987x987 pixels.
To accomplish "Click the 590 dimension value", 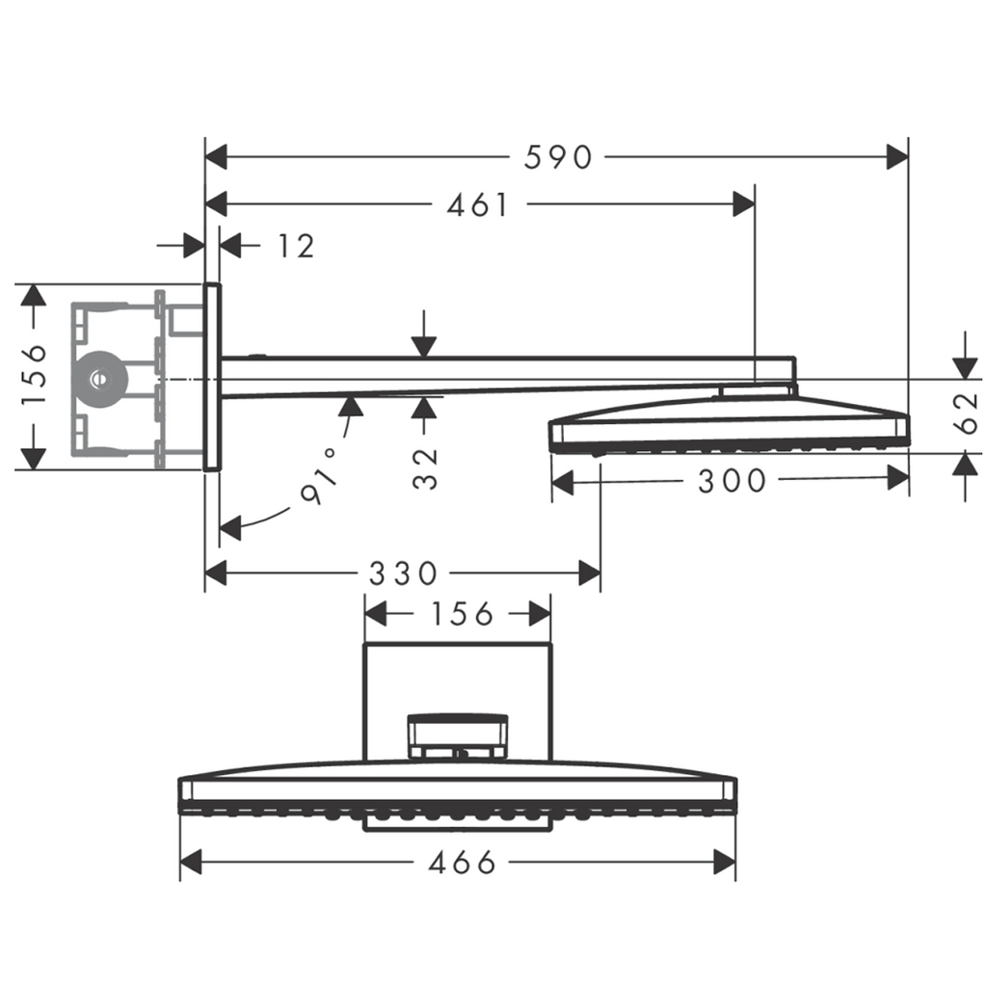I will (558, 157).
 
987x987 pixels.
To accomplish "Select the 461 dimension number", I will (478, 204).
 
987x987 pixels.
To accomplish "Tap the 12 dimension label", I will (296, 247).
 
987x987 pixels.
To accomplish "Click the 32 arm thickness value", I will (425, 468).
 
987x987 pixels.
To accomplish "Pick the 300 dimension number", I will (732, 480).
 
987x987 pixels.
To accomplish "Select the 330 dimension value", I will (403, 574).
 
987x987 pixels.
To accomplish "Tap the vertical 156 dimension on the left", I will (33, 374).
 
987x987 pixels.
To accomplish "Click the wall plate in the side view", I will (212, 376).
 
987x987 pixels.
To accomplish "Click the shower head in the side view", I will (729, 423).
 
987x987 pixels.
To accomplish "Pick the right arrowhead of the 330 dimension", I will (589, 574).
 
